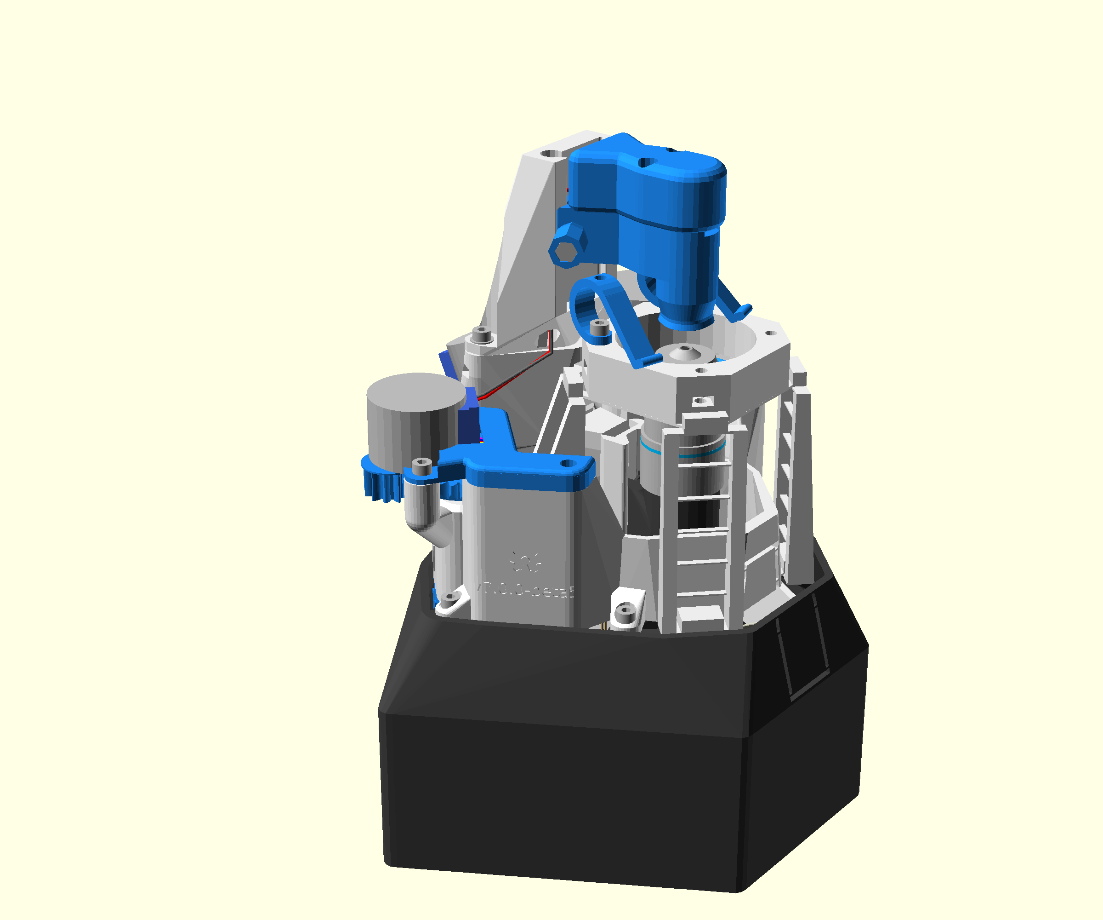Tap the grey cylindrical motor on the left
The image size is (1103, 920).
415,420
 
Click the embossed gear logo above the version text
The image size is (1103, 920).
525,562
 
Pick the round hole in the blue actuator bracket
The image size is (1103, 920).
568,463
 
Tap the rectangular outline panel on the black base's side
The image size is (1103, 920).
801,657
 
